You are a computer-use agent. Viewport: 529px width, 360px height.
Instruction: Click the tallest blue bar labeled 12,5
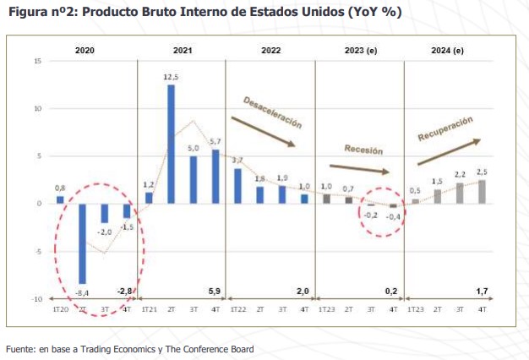171,144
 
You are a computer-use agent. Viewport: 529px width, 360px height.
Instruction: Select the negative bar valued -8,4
82,243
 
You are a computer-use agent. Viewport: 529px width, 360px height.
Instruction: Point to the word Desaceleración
272,112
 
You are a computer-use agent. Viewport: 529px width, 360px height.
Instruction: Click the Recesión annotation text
363,150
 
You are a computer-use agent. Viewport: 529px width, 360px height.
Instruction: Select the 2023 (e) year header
360,50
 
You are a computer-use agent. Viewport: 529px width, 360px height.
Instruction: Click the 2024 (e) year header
448,50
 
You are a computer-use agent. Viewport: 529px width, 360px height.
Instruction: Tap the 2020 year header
85,50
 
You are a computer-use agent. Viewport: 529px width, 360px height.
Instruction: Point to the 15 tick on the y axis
38,61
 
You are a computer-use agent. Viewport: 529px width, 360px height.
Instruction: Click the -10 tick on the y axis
37,299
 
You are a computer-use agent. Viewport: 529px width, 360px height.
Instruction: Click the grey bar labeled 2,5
482,192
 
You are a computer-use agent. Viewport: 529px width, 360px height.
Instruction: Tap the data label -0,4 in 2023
393,216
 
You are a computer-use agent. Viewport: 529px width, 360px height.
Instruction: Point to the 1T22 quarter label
237,309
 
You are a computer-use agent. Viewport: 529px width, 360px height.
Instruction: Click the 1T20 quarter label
60,309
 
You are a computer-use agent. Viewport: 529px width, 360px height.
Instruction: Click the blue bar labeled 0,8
60,199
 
